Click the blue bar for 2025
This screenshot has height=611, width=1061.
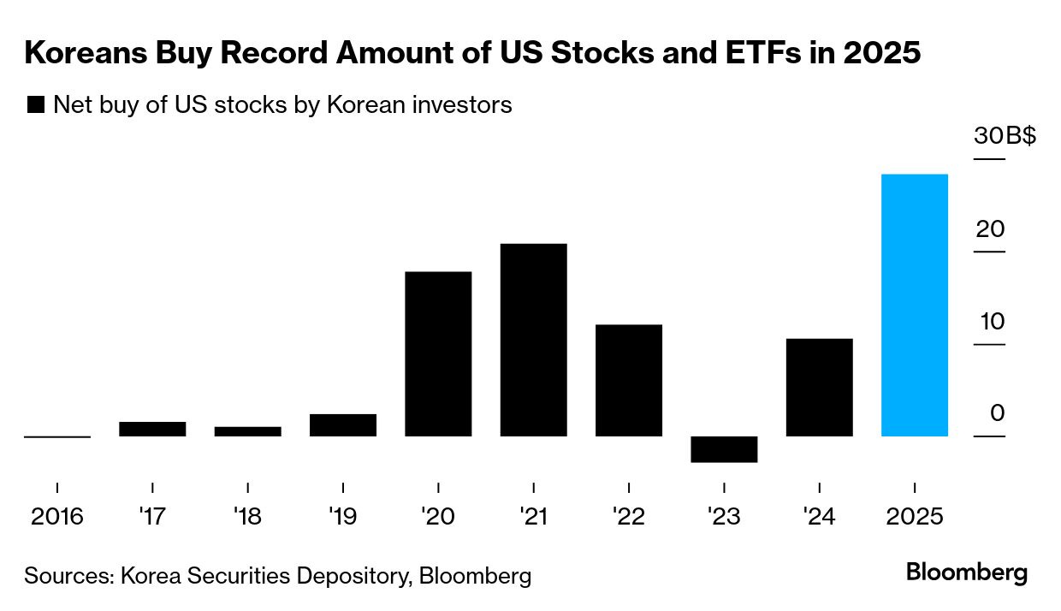pos(914,305)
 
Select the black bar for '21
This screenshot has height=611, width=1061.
pos(533,341)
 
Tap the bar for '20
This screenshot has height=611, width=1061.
pos(438,354)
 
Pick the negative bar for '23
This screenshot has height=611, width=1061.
pos(724,449)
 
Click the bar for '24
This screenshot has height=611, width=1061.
pos(819,388)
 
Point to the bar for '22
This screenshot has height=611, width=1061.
pos(629,381)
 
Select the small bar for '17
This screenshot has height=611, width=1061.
pos(152,429)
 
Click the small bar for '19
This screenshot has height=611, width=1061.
pos(343,425)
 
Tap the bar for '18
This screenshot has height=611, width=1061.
pos(247,431)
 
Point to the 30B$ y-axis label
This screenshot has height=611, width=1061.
pos(1004,136)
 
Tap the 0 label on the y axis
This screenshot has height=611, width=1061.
pos(997,413)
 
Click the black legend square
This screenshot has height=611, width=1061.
pos(36,105)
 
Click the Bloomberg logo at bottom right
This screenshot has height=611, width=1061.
pos(967,572)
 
